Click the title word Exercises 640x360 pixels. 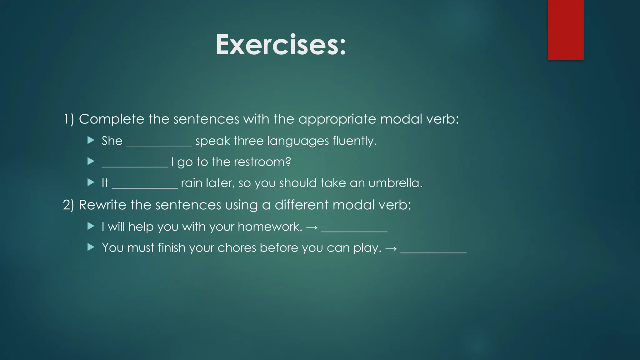pos(280,45)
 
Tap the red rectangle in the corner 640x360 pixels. pos(566,30)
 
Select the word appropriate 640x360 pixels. pos(337,119)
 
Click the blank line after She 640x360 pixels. pos(159,144)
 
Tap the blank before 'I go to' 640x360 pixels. pos(135,166)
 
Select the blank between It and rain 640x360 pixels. pos(145,187)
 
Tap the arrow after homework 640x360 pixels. pos(312,227)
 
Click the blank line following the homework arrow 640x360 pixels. pos(354,231)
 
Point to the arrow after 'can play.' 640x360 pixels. pos(391,249)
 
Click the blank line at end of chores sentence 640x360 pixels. pos(433,252)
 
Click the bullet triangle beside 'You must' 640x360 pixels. pos(91,247)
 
